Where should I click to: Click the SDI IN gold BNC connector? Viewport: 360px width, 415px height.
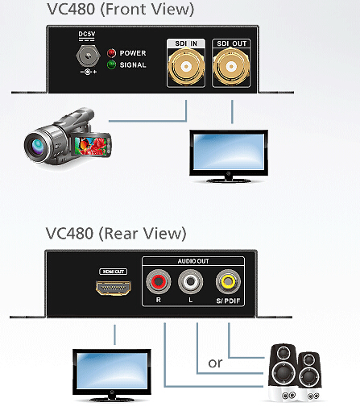186,66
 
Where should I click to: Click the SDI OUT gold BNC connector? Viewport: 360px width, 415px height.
231,66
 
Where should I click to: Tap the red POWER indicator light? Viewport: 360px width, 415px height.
111,53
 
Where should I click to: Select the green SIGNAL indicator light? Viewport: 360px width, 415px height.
111,64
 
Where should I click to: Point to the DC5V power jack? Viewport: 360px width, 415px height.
88,56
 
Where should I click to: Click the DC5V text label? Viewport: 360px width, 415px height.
87,34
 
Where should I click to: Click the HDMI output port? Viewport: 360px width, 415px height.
114,288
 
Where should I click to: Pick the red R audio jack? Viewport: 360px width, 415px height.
159,282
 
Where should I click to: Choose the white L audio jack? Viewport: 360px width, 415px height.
190,282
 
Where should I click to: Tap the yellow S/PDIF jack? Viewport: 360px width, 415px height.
228,282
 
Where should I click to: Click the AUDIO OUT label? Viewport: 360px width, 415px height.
193,261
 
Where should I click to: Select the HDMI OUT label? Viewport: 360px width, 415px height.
114,272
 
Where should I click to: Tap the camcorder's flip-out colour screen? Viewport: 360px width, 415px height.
92,145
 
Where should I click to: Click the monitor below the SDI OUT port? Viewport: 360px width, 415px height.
229,156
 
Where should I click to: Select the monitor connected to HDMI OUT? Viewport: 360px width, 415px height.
112,376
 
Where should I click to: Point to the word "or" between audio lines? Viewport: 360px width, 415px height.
215,363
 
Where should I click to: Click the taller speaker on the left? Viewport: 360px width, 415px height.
283,372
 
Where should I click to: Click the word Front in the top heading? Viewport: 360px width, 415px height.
126,9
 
